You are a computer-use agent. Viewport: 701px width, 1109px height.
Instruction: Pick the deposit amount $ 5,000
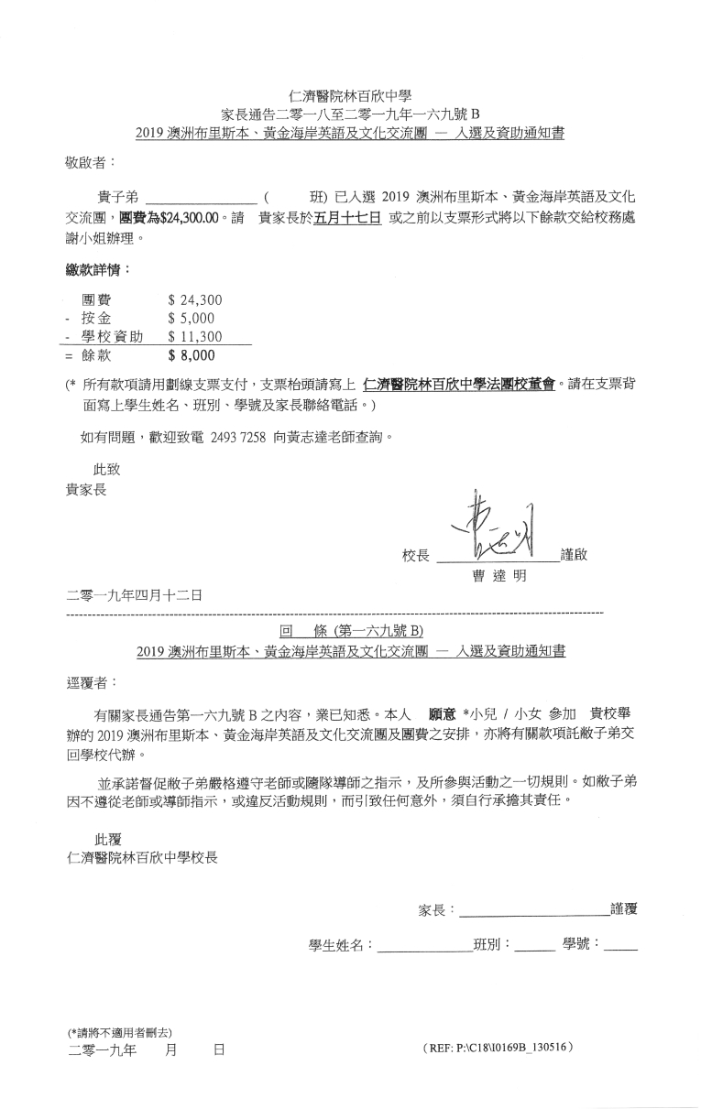tap(193, 319)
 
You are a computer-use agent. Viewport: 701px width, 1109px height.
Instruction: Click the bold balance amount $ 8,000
tap(192, 355)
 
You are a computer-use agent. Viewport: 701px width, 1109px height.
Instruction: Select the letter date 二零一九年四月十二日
tap(136, 595)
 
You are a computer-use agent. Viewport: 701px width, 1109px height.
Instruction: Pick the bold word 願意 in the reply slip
tap(444, 712)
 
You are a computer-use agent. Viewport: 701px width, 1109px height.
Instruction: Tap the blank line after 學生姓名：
tap(423, 945)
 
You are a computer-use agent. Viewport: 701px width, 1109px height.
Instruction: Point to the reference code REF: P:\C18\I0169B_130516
tap(499, 1046)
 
